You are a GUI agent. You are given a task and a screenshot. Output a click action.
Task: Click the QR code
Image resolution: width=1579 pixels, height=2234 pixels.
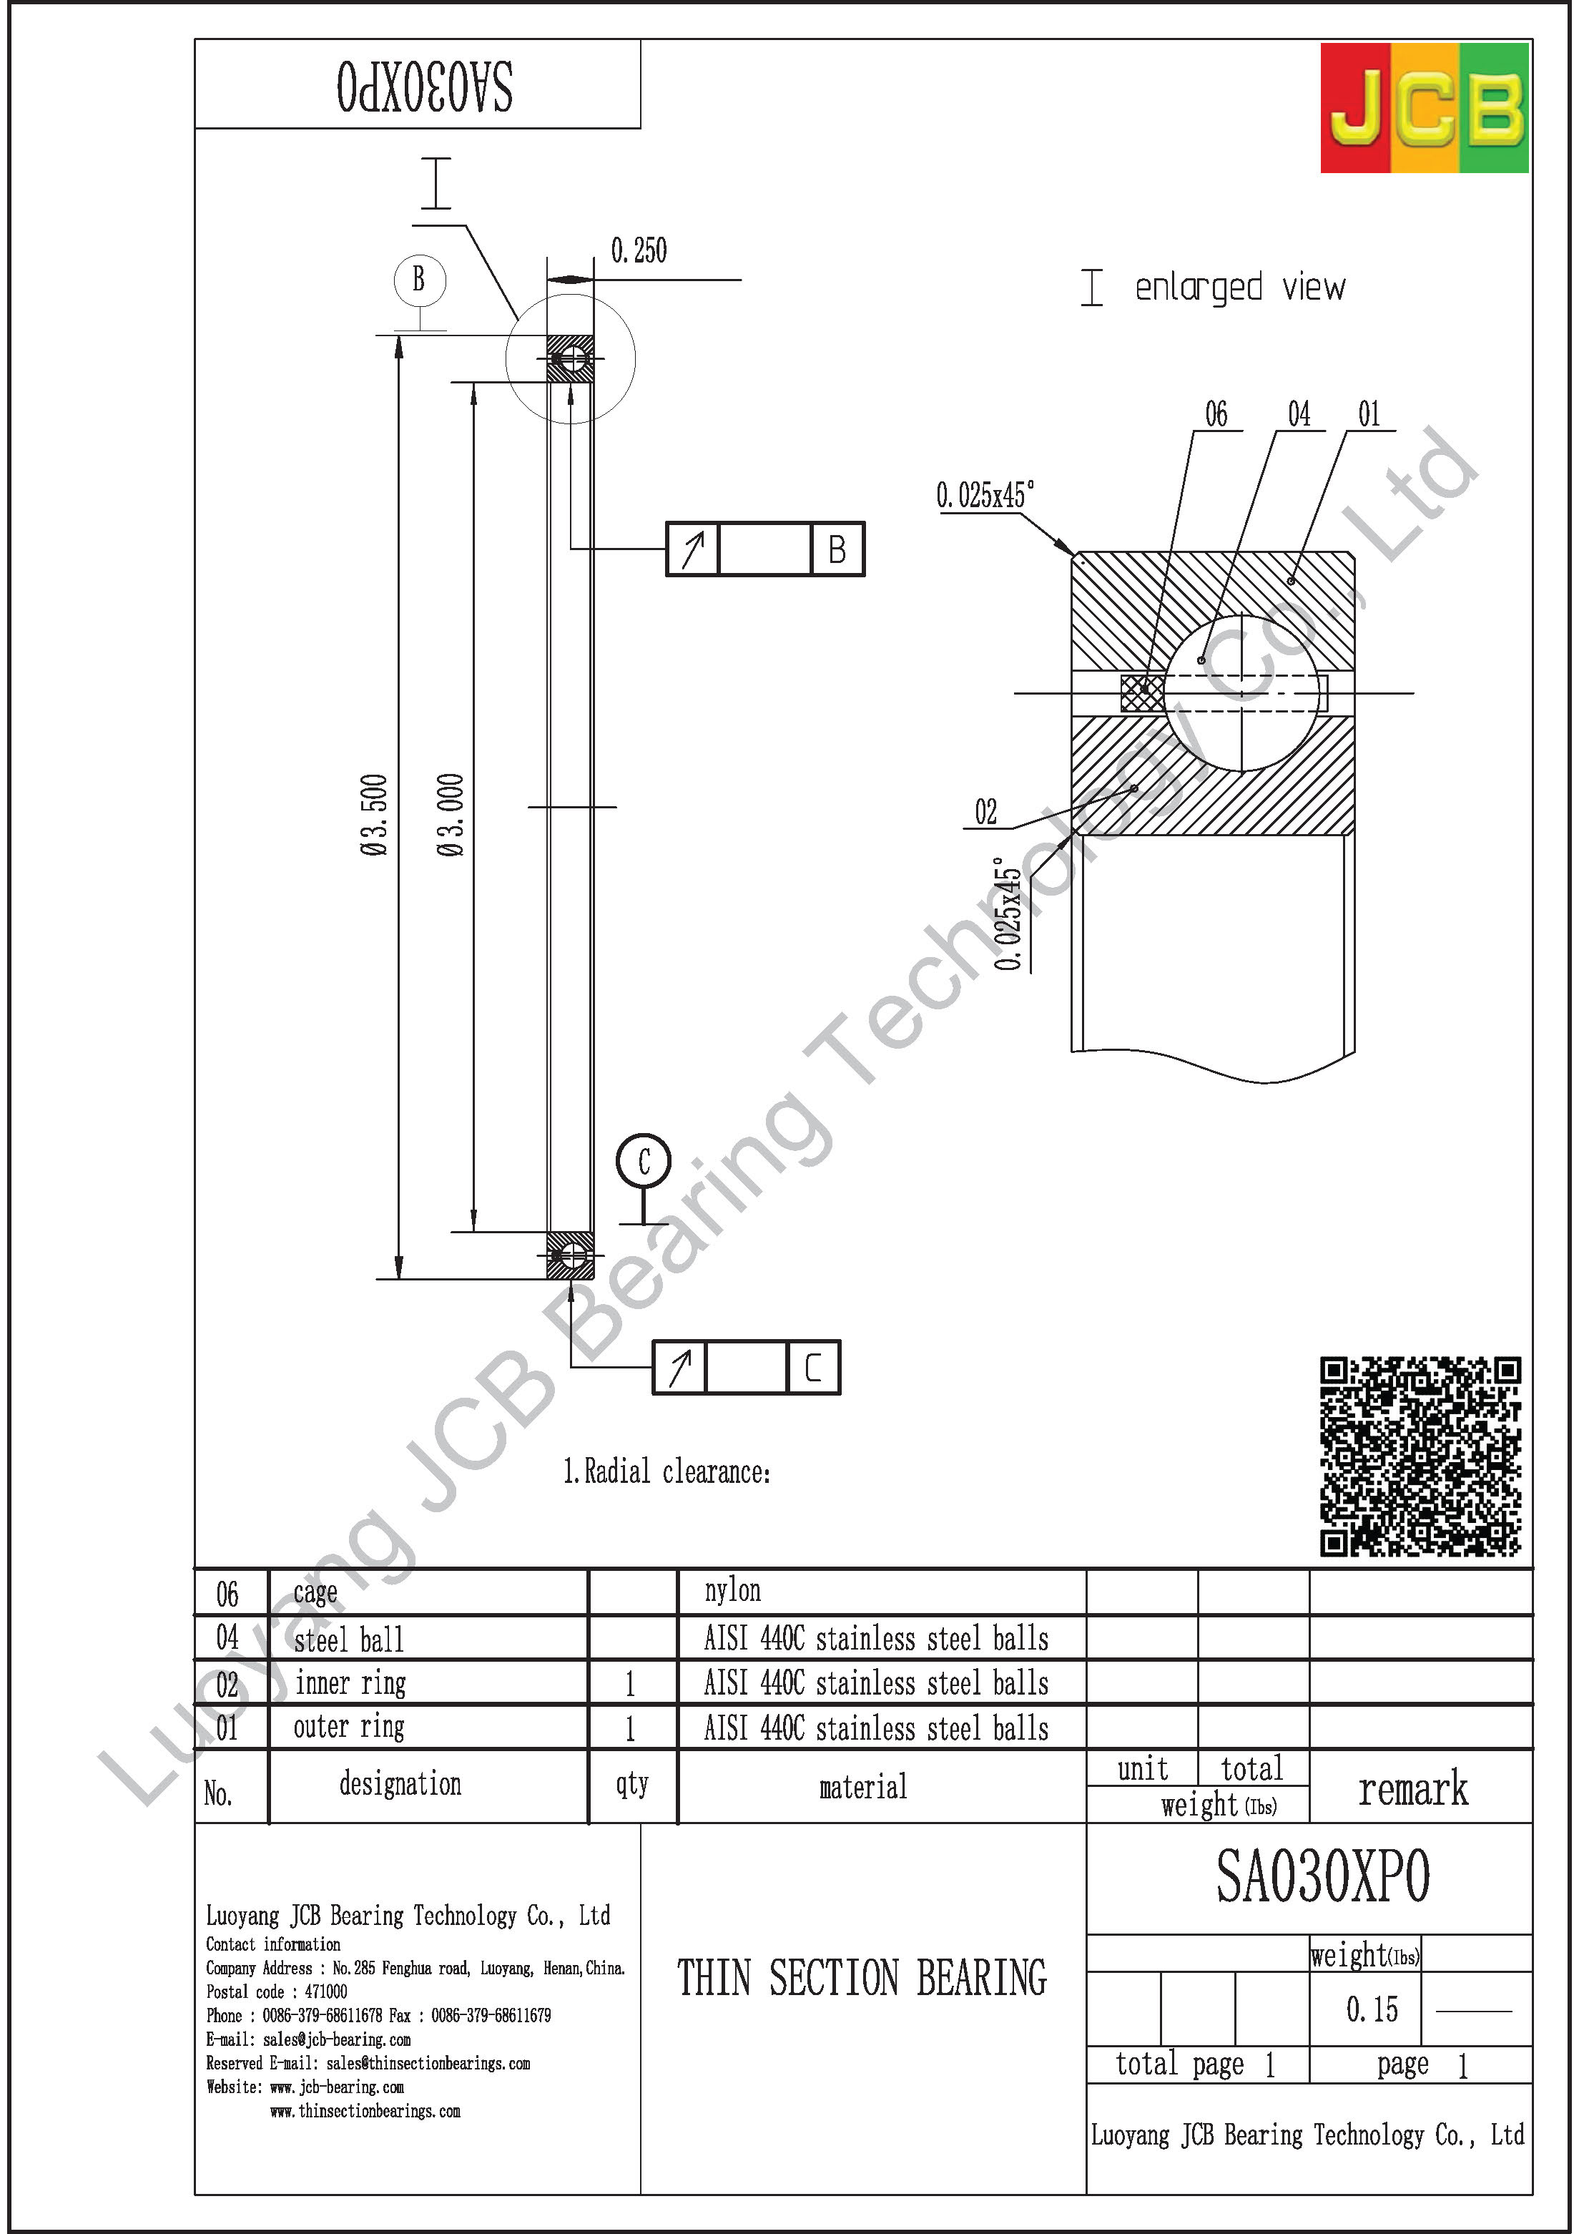click(1420, 1456)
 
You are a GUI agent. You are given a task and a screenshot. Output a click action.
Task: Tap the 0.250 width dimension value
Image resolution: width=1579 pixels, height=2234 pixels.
click(638, 251)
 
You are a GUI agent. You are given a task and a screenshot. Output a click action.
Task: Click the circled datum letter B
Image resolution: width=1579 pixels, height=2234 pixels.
click(419, 279)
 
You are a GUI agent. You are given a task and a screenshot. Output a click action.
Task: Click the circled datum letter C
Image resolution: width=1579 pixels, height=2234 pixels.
click(643, 1161)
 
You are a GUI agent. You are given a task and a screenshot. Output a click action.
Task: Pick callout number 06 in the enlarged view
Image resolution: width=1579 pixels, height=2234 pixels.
click(1216, 414)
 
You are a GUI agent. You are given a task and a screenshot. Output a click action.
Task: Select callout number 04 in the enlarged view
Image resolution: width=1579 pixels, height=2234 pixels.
click(1299, 414)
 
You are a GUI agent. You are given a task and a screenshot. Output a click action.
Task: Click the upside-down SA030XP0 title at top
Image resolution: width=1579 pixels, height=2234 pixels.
click(426, 87)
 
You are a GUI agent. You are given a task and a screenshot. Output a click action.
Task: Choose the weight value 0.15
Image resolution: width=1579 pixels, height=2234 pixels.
click(1371, 2009)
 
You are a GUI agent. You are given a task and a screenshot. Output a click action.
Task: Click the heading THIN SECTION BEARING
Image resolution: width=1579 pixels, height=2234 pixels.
click(862, 1978)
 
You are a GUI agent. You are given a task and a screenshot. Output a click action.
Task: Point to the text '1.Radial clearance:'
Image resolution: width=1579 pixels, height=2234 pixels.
click(666, 1471)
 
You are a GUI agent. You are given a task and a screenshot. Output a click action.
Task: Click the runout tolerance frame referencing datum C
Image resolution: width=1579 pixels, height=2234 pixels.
click(745, 1367)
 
